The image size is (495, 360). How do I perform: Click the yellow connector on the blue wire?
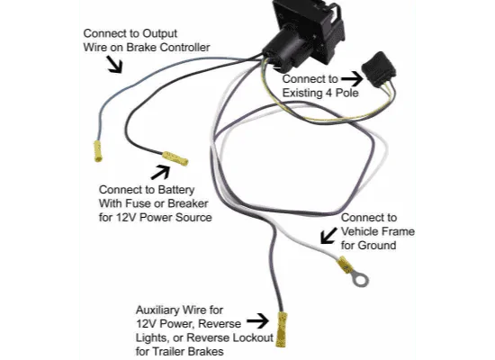(x=98, y=151)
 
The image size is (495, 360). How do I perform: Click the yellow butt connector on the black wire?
(x=175, y=158)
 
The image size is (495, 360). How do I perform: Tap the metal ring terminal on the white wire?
(x=360, y=279)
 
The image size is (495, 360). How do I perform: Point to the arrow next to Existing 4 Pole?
(x=353, y=78)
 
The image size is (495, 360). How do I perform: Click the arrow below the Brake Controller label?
(x=114, y=65)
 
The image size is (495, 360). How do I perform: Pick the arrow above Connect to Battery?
(x=161, y=173)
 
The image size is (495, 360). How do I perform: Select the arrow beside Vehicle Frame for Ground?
(x=328, y=235)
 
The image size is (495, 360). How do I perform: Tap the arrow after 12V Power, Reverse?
(x=257, y=321)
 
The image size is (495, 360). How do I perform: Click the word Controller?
(x=185, y=48)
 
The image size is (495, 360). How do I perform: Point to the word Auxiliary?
(x=157, y=310)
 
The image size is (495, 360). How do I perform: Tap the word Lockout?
(x=253, y=337)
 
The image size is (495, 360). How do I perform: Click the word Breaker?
(x=188, y=203)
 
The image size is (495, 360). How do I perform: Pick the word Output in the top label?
(x=159, y=33)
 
